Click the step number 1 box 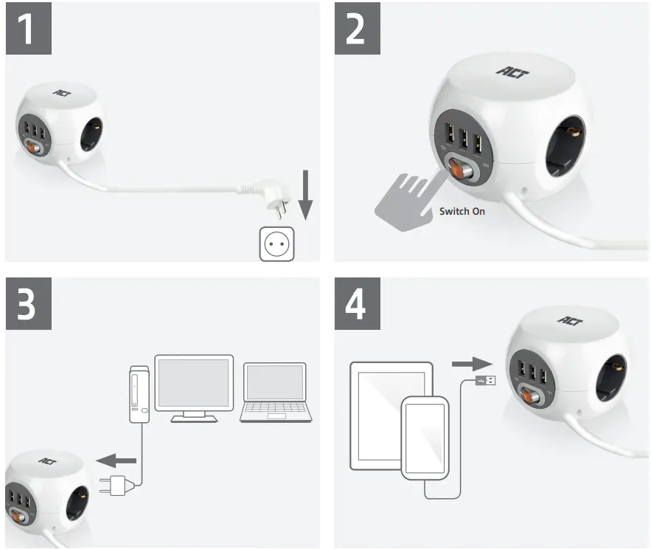coord(29,30)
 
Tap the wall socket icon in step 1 coord(276,244)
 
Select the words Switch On coord(462,211)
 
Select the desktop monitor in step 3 coord(194,387)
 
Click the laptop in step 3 coord(274,393)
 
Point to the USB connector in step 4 coord(485,381)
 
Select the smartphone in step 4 coord(425,437)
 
